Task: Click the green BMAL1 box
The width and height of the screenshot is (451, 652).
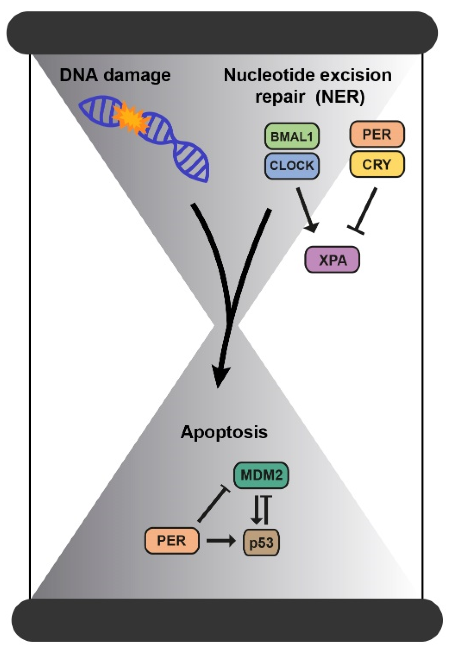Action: click(292, 136)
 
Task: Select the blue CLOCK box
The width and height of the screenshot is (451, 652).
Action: click(292, 166)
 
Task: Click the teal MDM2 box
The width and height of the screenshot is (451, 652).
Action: click(261, 475)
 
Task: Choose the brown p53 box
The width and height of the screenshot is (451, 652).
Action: click(261, 542)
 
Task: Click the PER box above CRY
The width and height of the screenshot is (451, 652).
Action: click(377, 134)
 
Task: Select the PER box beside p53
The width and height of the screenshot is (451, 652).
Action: click(172, 541)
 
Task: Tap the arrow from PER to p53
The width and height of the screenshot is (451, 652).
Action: click(221, 541)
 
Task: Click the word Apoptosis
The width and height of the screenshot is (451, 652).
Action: click(224, 432)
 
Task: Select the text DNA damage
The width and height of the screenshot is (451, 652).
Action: click(115, 75)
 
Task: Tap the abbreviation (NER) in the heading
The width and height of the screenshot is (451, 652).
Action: click(340, 97)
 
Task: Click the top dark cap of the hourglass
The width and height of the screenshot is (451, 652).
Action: click(222, 33)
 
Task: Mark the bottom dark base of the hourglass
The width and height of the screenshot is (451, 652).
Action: click(227, 620)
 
